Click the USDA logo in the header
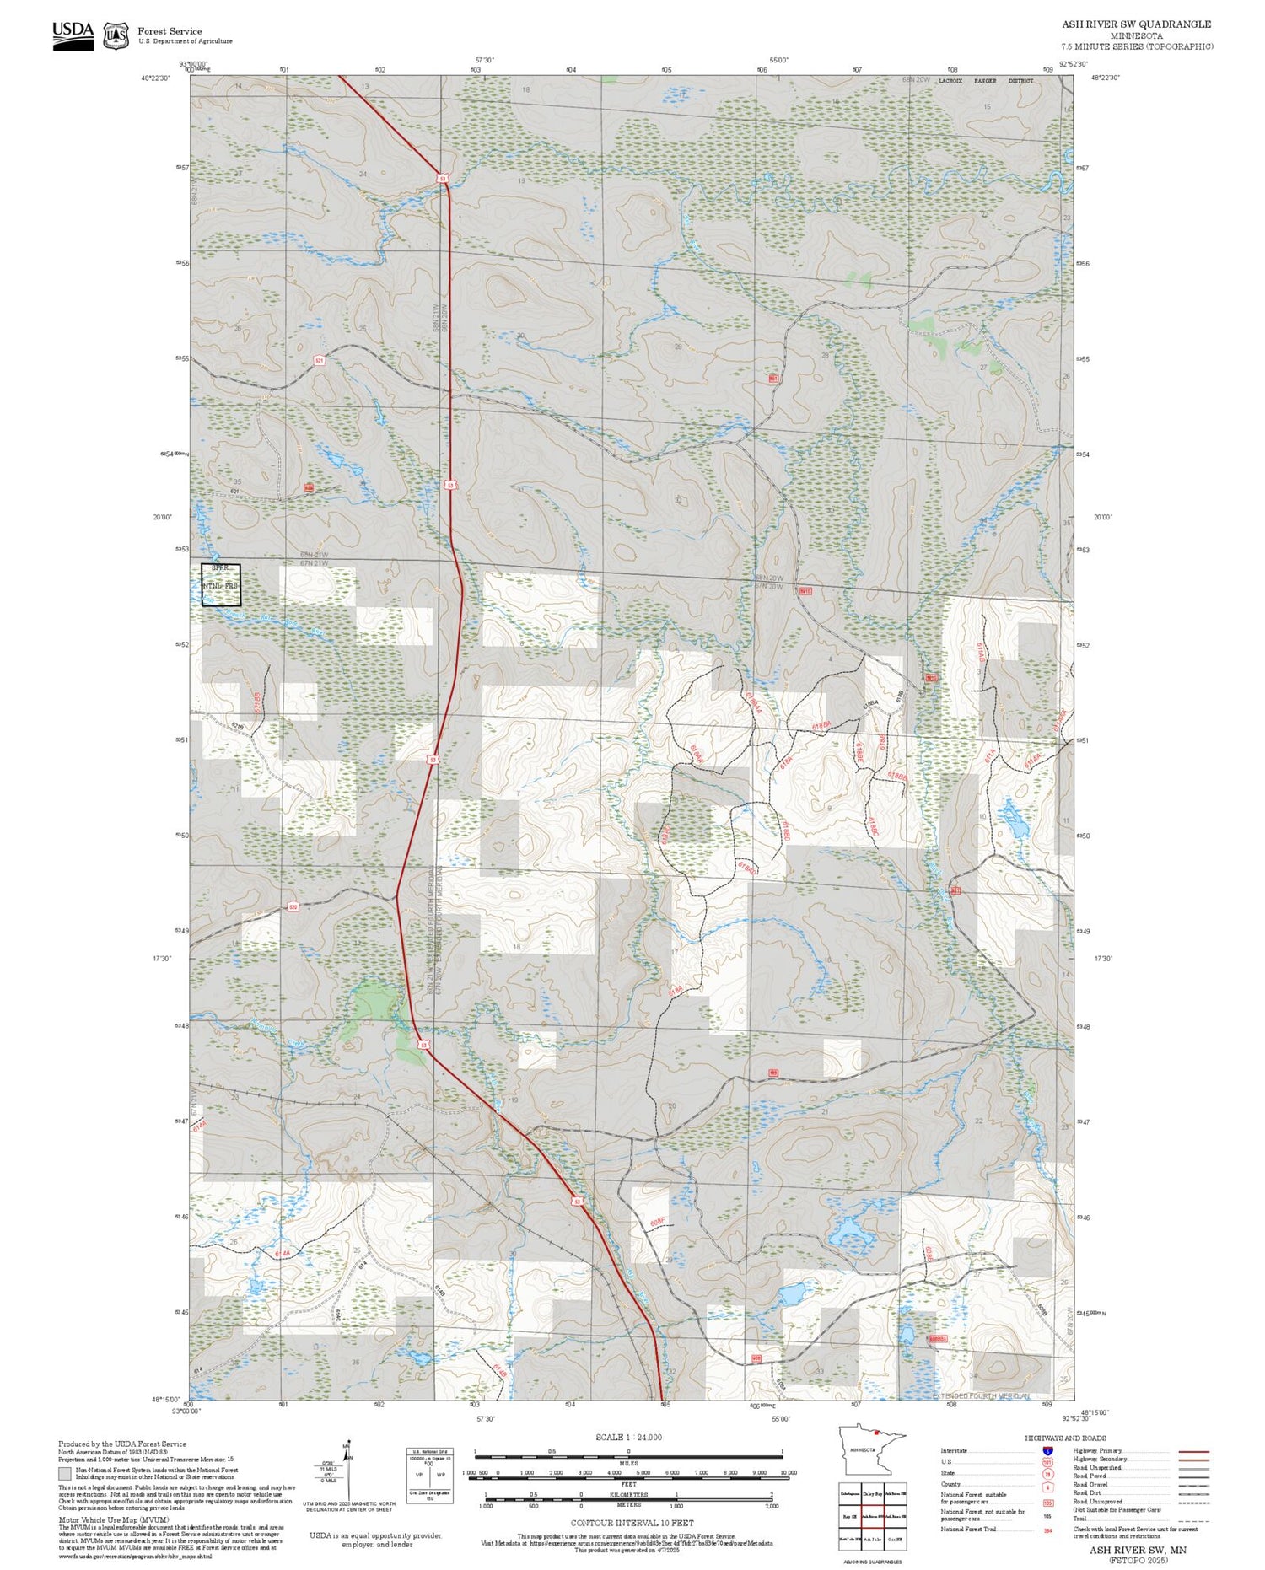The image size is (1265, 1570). click(x=73, y=35)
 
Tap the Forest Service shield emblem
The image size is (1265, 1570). click(x=116, y=36)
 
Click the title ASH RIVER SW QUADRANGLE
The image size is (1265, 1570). click(x=1136, y=24)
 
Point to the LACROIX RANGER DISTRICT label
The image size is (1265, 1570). click(x=984, y=81)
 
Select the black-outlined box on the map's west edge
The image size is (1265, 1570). click(x=221, y=585)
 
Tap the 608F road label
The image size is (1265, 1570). click(x=658, y=1221)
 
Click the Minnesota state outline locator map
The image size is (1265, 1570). click(x=871, y=1450)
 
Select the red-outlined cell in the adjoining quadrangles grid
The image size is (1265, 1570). click(x=873, y=1515)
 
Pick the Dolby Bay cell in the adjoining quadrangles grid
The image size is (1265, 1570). click(x=873, y=1493)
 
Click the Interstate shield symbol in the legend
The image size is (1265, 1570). click(x=1047, y=1450)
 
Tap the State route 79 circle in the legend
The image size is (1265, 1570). click(x=1047, y=1473)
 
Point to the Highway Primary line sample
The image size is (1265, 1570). click(x=1189, y=1451)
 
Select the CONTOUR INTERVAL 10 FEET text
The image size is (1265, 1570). click(x=632, y=1523)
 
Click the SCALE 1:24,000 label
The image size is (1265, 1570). click(x=628, y=1437)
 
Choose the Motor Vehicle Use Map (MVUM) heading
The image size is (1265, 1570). click(x=99, y=1519)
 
